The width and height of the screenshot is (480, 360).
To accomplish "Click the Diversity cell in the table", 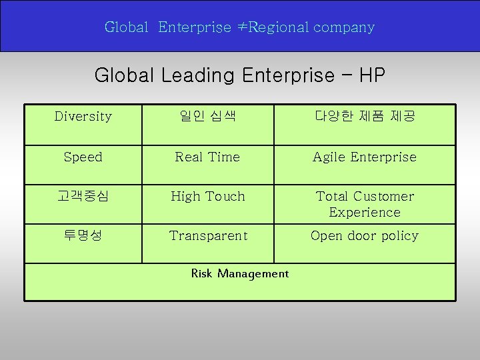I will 83,117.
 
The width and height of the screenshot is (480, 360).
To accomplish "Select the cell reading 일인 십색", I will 207,117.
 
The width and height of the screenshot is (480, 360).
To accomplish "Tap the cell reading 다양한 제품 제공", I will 365,117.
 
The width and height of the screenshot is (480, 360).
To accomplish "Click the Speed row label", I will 83,157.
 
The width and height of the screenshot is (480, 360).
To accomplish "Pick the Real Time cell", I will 207,157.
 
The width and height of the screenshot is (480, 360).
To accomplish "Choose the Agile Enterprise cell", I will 365,157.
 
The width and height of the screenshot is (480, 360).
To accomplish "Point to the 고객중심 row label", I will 83,197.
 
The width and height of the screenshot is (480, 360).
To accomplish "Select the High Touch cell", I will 207,197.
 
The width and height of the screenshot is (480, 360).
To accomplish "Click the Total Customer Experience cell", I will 365,204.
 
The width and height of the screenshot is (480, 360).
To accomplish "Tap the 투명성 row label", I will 83,236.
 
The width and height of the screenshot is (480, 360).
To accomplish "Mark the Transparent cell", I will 207,236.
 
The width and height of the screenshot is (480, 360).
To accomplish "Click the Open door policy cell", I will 365,236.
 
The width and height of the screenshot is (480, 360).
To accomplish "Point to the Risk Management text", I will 240,273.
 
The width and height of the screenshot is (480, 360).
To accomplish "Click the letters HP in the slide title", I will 371,75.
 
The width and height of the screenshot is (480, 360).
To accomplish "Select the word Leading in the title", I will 198,75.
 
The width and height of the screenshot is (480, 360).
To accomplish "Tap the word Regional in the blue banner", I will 279,27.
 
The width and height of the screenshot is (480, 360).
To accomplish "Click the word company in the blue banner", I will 344,28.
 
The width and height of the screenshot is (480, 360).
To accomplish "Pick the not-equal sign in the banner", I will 241,27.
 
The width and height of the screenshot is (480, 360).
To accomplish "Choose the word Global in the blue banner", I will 126,27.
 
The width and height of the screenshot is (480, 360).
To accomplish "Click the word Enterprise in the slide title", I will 288,75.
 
